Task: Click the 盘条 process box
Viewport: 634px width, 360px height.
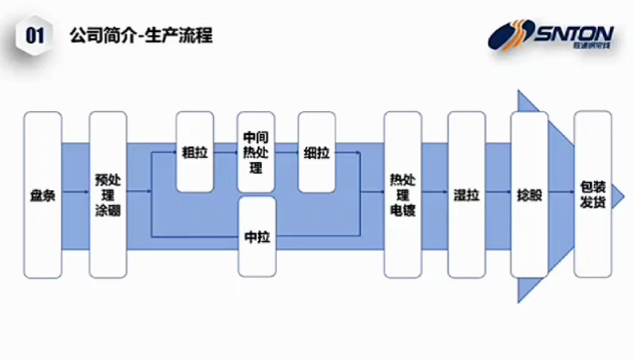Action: tap(43, 195)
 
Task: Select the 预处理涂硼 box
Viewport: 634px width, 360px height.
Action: tap(108, 195)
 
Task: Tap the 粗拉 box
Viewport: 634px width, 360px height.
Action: tap(195, 152)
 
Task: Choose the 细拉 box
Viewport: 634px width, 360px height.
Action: tap(317, 152)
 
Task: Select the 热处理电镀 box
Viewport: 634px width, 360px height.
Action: tap(402, 195)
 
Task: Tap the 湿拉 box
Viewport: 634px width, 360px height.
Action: tap(466, 195)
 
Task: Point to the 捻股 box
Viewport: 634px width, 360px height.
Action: tap(529, 195)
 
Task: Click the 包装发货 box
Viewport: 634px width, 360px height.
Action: tap(592, 195)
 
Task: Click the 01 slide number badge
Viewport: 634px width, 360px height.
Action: tap(34, 35)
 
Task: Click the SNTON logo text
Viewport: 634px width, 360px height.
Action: tap(573, 34)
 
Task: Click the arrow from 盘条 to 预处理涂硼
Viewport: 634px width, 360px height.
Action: tap(75, 192)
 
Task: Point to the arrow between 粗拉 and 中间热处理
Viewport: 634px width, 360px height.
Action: tap(226, 151)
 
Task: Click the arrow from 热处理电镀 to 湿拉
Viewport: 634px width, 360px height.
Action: tap(434, 192)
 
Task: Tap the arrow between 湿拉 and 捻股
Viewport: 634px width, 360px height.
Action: tap(497, 192)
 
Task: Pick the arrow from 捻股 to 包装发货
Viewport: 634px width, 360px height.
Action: tap(561, 192)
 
